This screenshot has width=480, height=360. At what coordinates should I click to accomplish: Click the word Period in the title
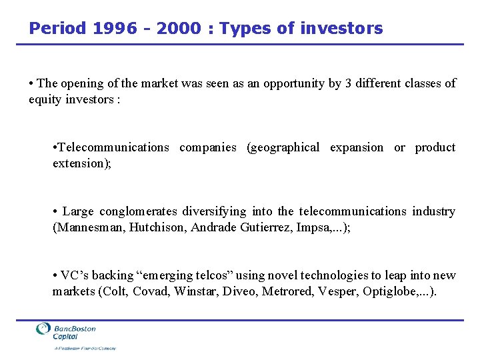point(57,29)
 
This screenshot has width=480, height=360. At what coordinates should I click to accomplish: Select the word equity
point(44,99)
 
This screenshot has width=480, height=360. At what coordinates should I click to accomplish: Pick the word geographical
point(283,147)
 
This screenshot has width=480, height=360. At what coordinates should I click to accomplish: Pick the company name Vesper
point(341,291)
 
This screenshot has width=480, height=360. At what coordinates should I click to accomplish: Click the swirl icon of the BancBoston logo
point(43,330)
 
